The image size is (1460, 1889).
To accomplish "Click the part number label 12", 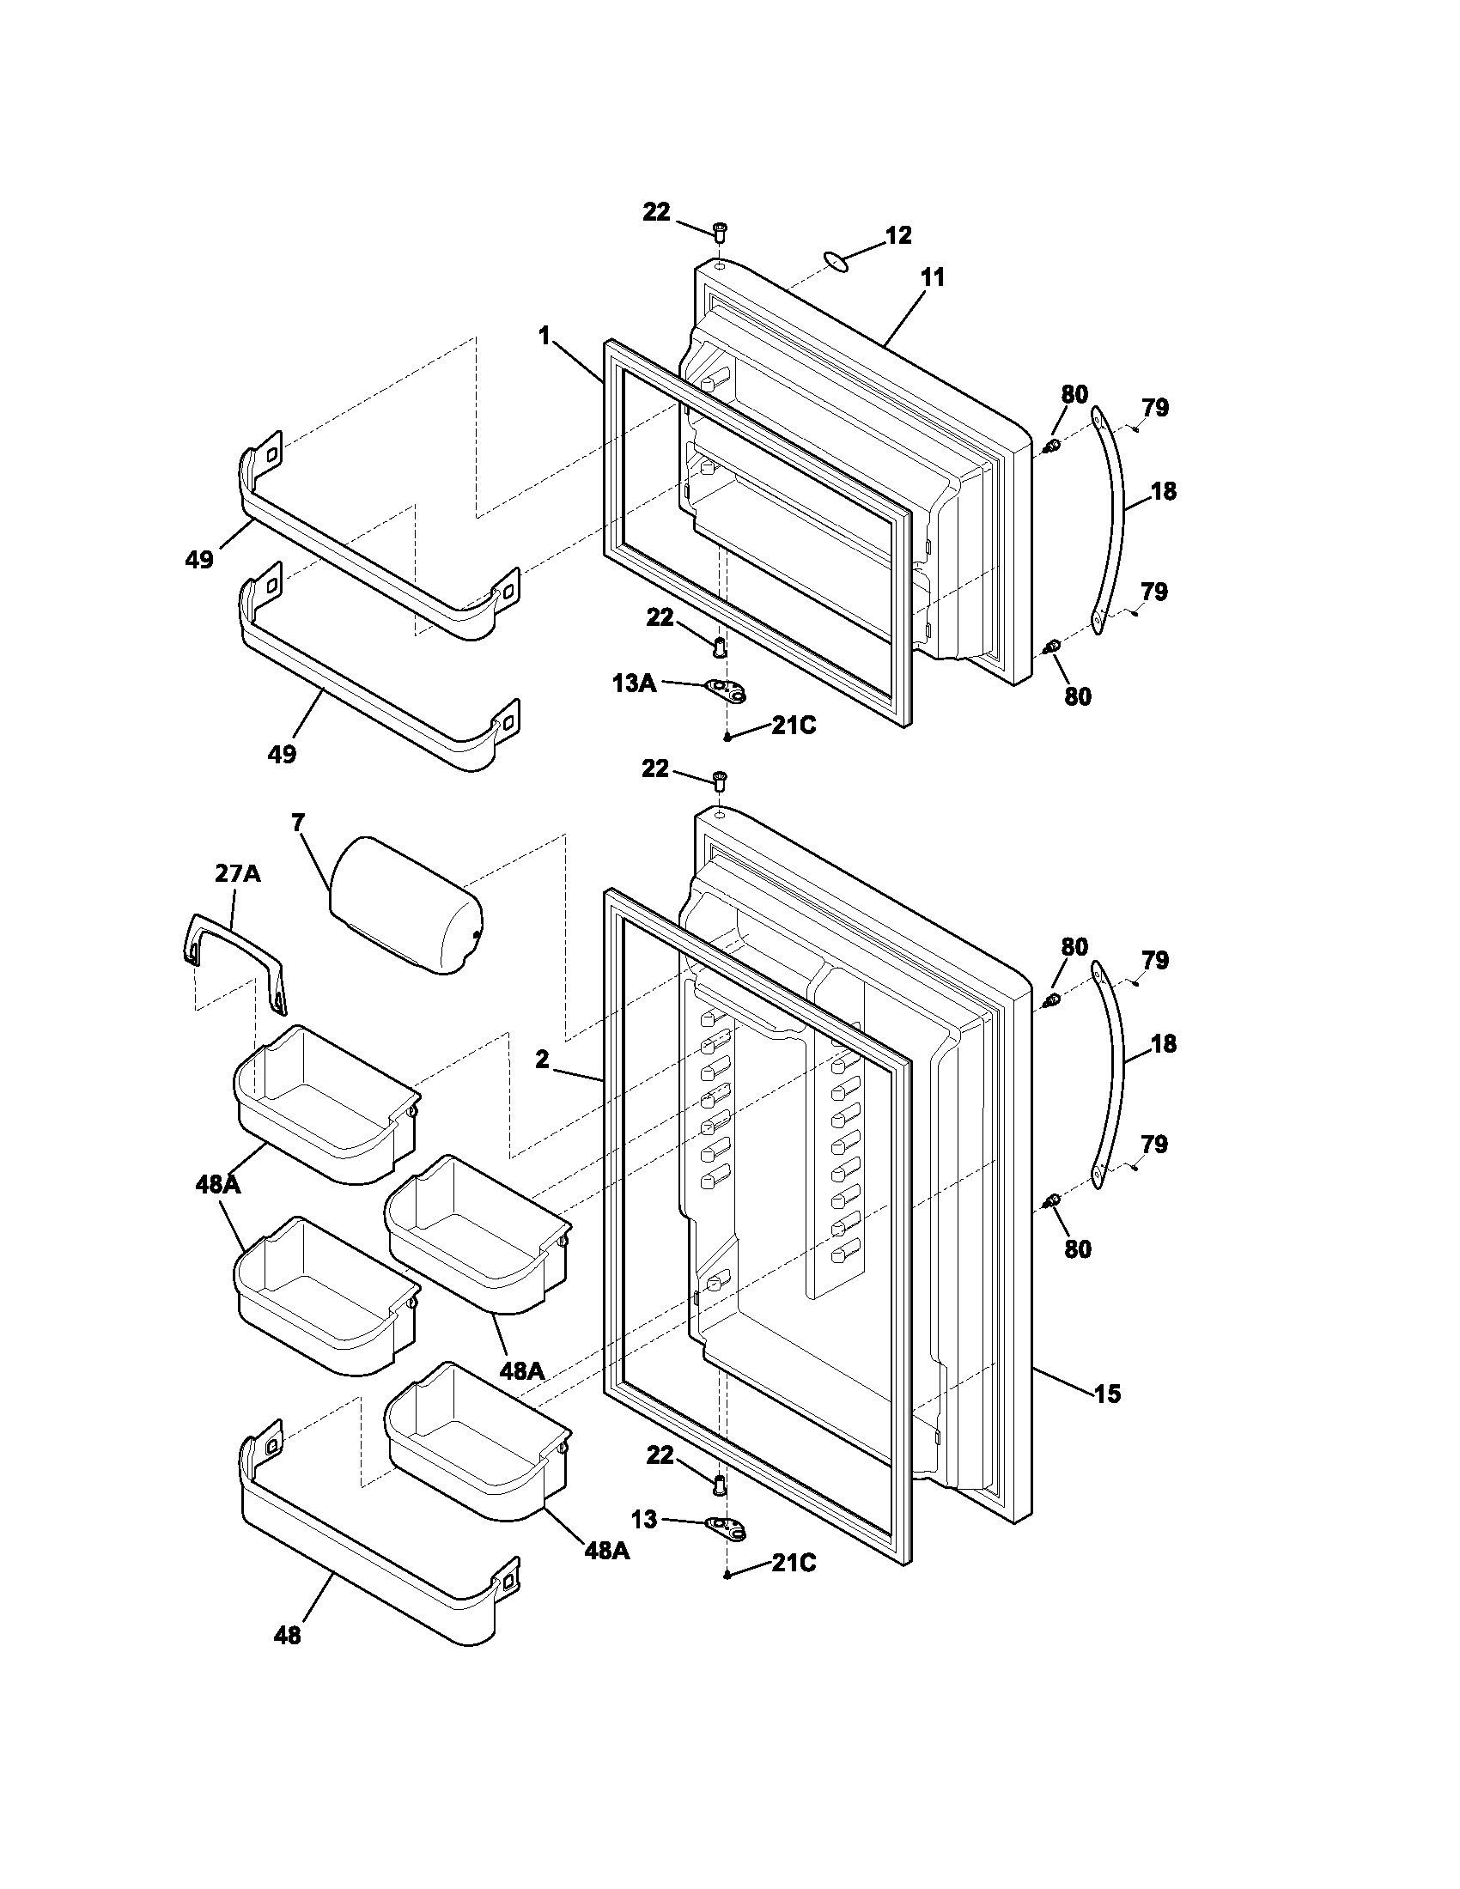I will (898, 235).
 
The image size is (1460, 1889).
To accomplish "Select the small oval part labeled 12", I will (834, 262).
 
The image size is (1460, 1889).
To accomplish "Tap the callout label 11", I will (933, 277).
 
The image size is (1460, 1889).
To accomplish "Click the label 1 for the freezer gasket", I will (544, 337).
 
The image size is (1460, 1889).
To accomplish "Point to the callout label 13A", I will (633, 683).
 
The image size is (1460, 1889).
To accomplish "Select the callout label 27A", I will (237, 873).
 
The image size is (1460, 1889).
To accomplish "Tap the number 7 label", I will (298, 823).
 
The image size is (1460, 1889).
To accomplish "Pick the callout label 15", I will (1107, 1394).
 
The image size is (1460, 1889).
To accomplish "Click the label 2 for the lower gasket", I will (542, 1060).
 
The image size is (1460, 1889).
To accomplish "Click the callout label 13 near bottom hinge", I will (644, 1518).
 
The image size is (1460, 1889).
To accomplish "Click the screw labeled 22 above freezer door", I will (720, 232).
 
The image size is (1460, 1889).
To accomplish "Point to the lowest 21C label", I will (794, 1563).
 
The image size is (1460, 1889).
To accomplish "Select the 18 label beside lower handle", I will (1164, 1044).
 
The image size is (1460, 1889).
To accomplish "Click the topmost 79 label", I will (1154, 407).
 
